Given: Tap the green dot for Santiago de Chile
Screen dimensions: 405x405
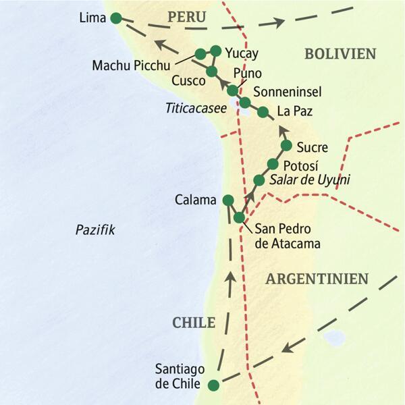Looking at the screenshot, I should coord(213,385).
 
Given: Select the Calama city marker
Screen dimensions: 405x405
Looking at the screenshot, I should coord(228,200).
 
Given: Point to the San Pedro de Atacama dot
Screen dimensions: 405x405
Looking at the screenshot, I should coord(239,217).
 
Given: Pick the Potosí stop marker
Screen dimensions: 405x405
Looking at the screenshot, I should coord(273,164).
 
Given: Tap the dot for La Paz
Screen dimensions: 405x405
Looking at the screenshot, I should coord(263,112).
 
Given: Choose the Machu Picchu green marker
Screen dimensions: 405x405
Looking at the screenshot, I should coord(200,54).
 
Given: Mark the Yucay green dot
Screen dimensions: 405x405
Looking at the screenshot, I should coord(216,51).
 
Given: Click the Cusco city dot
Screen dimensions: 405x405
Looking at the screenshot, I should coord(211,72).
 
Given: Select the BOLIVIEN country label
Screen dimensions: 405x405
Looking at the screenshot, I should coord(340,53).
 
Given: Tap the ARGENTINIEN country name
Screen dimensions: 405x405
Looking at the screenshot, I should coord(317,278).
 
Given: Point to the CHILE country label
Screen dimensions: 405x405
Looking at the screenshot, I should coord(193,323).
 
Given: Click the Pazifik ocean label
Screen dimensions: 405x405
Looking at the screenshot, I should coord(95,230).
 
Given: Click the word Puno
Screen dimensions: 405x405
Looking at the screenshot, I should coord(245,73).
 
